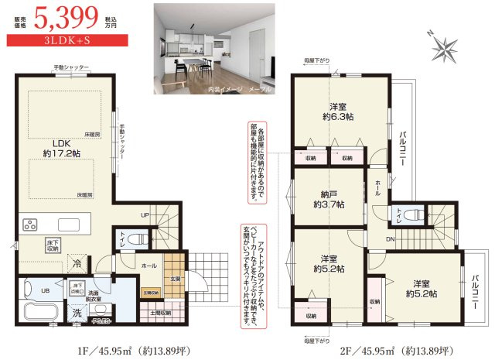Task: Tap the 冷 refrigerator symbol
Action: (77, 262)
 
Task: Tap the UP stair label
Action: (145, 215)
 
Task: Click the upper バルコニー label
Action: (405, 148)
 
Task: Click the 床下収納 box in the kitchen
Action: (52, 245)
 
